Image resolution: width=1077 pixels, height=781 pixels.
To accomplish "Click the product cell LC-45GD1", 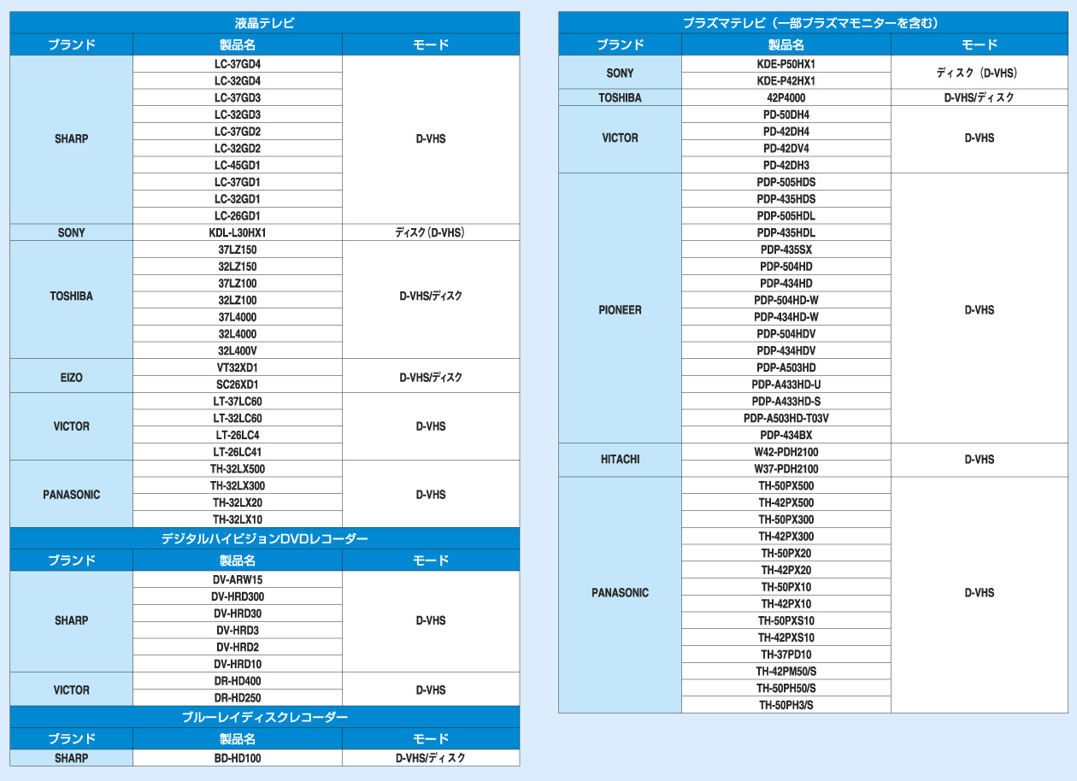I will point(238,165).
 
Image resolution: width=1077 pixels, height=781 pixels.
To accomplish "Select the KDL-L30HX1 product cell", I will point(238,232).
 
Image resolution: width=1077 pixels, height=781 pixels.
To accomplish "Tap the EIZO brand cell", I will point(72,376).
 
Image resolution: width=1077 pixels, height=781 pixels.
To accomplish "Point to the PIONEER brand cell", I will point(620,309).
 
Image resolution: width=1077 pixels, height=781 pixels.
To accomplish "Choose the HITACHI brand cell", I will point(620,460).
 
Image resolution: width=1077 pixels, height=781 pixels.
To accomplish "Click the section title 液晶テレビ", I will point(264,23).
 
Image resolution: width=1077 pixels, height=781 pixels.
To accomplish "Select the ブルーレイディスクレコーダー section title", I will point(264,717).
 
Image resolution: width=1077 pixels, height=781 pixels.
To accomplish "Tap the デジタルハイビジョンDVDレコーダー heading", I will point(264,538).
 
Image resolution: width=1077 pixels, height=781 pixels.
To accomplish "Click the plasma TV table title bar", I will point(812,23).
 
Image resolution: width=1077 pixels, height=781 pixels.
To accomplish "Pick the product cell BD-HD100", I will point(238,758).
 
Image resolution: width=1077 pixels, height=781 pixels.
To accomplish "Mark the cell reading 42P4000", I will point(786,97).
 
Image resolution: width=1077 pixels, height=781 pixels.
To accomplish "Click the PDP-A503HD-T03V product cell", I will point(786,418).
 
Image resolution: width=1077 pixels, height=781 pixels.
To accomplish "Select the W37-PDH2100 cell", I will point(786,468).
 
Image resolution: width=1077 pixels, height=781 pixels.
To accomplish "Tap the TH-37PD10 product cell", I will point(786,655).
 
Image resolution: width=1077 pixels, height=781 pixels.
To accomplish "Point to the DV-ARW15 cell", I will point(238,579).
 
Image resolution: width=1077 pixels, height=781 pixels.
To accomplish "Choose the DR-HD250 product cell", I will point(238,698).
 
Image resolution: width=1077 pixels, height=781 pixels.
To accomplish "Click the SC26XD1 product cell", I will point(238,385).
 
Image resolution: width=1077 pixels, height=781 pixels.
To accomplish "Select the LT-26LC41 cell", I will point(238,452).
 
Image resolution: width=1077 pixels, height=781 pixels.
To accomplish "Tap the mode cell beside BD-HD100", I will point(431,758).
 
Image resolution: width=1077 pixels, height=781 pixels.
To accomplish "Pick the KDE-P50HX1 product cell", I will point(786,64).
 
